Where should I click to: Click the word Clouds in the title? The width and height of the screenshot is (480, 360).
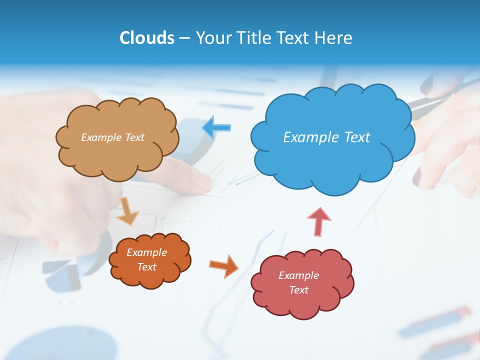[x=147, y=38]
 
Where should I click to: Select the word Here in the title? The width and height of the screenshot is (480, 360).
[x=333, y=38]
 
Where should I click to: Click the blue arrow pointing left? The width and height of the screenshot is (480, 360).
[x=216, y=128]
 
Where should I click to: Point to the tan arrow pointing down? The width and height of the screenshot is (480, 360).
[x=128, y=211]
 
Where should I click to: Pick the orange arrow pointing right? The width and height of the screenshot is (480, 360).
[x=223, y=265]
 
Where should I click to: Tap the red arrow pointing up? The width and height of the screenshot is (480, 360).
[x=319, y=222]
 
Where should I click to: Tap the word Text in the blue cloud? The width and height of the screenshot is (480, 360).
[x=357, y=137]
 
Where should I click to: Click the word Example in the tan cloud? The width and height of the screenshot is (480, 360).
[x=100, y=137]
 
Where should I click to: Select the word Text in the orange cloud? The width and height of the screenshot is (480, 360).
[x=147, y=267]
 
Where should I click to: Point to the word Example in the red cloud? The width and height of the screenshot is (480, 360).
[x=298, y=275]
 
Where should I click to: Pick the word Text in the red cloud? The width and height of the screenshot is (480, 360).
[x=298, y=290]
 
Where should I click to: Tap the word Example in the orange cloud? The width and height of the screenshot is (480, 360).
[x=147, y=252]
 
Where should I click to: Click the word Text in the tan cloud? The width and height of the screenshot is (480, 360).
[x=133, y=137]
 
